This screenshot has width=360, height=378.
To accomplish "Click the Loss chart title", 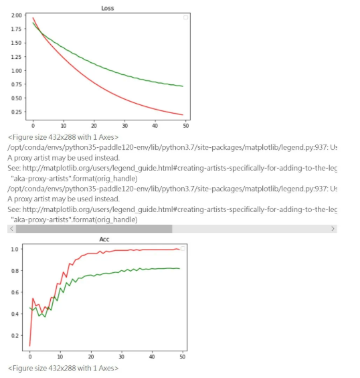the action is pos(108,8).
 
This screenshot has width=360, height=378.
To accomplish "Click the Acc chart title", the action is pos(104,239).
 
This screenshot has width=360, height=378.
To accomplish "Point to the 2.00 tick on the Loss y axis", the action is pos(17,15).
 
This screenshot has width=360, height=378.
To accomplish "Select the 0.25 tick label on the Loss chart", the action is pos(17,112).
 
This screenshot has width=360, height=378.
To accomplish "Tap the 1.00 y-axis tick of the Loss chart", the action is pos(17,71).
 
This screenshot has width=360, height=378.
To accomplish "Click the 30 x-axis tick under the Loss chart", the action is pos(124,126).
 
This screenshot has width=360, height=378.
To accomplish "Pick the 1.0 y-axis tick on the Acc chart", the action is pos(15,249).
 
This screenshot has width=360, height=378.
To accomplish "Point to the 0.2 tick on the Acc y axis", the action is pos(15,335).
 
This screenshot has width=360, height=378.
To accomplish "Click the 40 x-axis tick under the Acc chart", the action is pos(152,357).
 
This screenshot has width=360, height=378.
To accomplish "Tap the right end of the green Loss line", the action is pos(183,86).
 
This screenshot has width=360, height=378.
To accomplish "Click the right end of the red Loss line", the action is pos(183,115).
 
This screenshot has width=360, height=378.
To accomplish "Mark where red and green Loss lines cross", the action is pos(40,33).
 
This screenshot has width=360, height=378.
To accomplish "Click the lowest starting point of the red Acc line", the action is pos(30,346).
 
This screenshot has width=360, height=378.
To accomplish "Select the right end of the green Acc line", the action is pos(179,268).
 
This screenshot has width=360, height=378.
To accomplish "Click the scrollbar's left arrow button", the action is pos(11,229).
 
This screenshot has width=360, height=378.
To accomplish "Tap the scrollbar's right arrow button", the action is pos(333,229).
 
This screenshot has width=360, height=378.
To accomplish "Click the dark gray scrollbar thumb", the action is pos(94,229).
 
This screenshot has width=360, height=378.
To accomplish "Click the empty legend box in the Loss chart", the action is pos(185,17).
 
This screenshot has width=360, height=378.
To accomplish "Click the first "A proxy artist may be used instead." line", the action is pos(64,158).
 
